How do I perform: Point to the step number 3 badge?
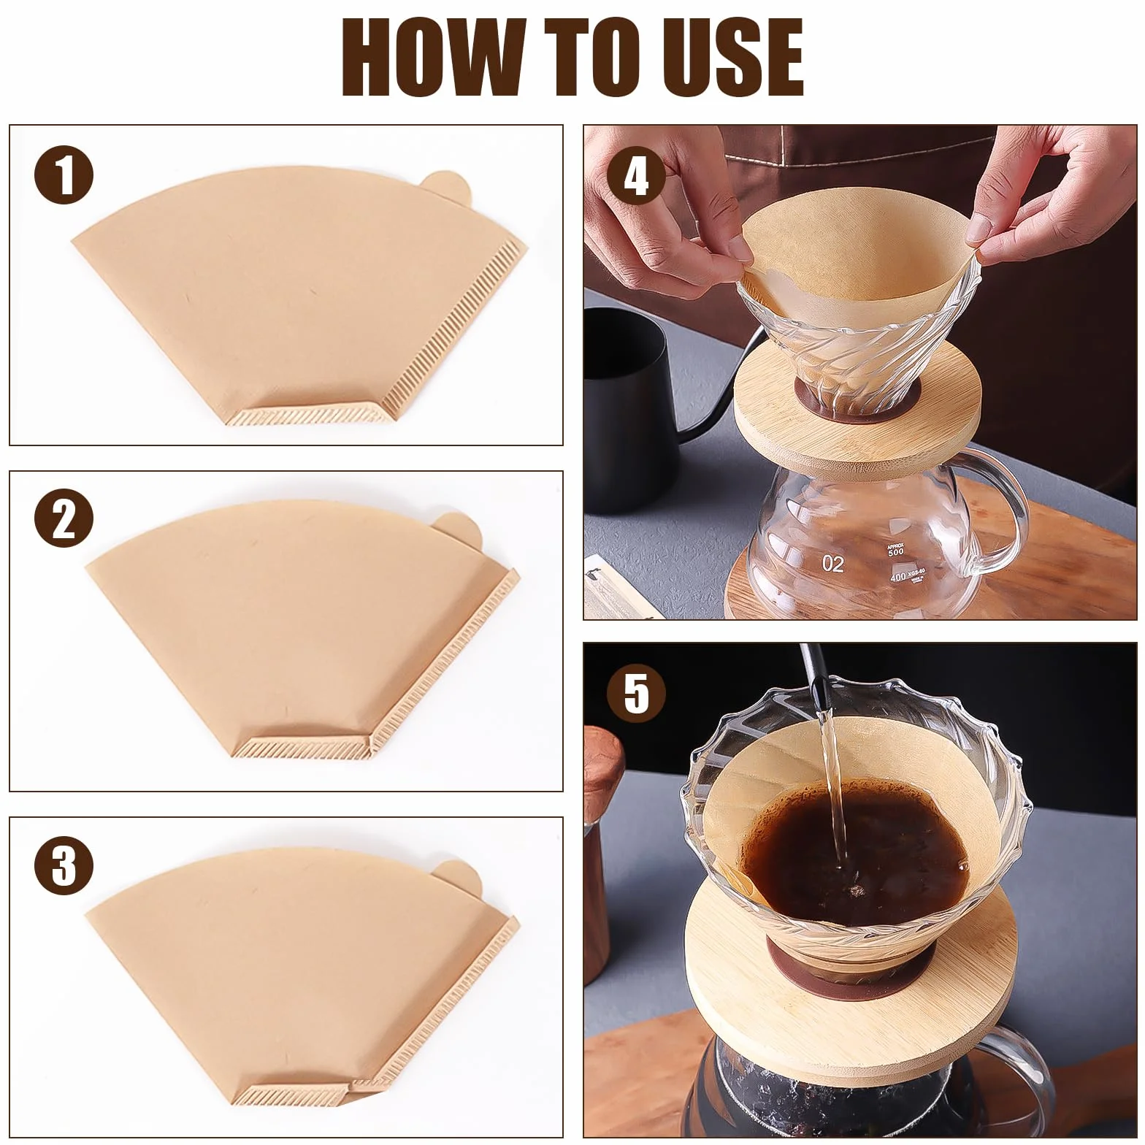coord(64,866)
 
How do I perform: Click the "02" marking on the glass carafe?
coord(833,564)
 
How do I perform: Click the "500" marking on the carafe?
coord(896,552)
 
